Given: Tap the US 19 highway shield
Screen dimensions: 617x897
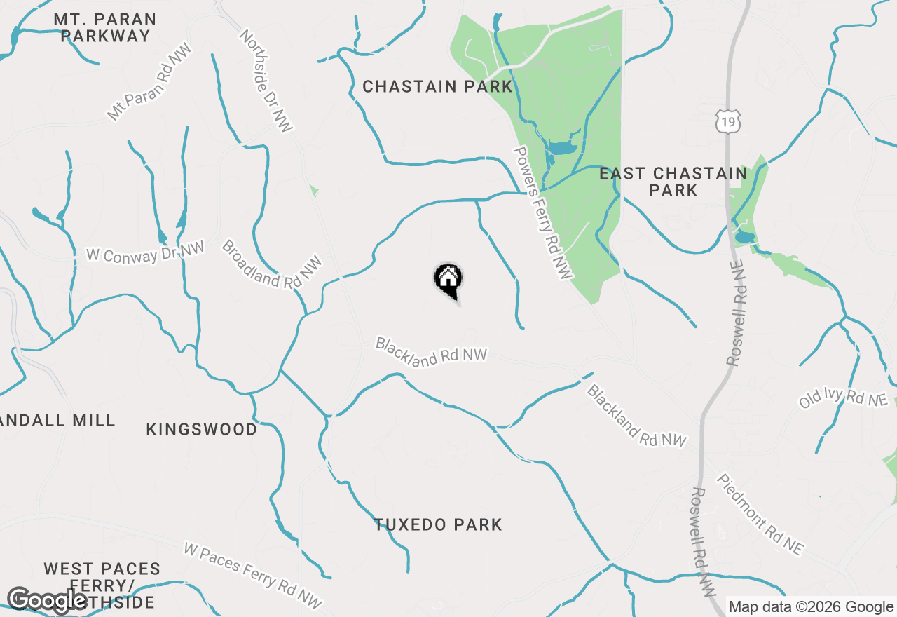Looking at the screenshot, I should click(727, 123).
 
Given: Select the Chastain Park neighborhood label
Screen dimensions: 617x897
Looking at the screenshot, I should click(437, 87).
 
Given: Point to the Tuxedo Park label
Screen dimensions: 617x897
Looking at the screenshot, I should click(438, 524).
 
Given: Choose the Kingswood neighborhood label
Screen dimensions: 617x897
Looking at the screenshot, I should click(202, 429).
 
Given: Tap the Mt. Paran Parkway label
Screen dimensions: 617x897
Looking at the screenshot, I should click(105, 27).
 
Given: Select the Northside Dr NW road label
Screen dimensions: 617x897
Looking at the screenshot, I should click(266, 80).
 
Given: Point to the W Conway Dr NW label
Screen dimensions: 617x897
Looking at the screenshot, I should click(145, 253).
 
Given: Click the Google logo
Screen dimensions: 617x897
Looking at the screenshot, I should click(48, 600).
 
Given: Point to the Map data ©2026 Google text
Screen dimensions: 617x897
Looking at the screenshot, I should click(811, 607).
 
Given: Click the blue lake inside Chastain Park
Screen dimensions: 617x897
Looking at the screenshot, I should click(560, 148).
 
